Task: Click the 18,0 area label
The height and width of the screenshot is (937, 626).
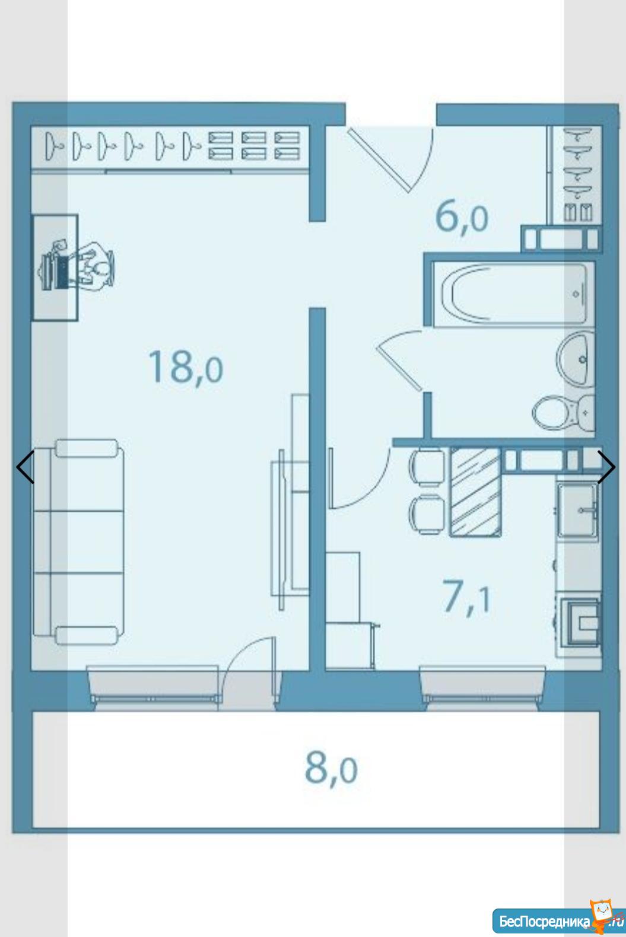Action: click(x=186, y=367)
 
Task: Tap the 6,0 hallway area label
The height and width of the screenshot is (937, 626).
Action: click(x=462, y=218)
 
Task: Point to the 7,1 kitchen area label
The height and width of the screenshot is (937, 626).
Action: click(x=466, y=599)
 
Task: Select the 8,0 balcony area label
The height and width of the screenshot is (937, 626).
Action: click(x=331, y=769)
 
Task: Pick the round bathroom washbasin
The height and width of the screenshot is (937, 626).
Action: click(x=576, y=358)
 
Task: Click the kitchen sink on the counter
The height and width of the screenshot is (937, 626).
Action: click(x=577, y=511)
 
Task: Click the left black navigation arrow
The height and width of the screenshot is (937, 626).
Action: click(x=25, y=467)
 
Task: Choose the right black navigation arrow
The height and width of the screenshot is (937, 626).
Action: click(x=606, y=467)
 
